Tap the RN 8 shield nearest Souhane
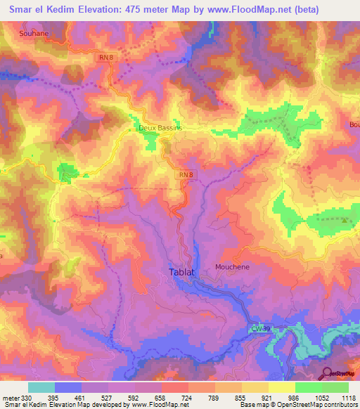(107, 58)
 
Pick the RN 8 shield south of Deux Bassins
(185, 174)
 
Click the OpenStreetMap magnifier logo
(328, 372)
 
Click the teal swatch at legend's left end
(41, 387)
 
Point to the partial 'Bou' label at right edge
(354, 125)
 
